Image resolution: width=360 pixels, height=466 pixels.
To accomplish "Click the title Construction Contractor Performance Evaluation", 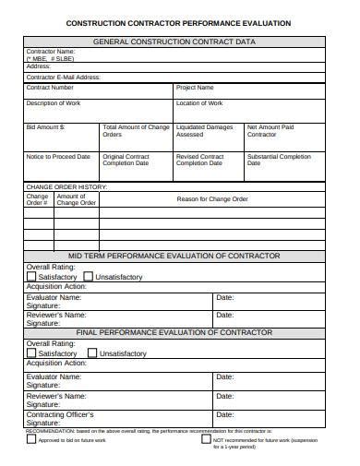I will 179,22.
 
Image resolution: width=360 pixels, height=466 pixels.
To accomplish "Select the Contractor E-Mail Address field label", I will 62,77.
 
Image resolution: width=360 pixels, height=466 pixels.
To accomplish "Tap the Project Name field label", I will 195,88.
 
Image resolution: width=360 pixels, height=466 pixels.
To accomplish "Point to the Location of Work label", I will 199,103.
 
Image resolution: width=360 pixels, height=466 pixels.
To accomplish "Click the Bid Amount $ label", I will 45,125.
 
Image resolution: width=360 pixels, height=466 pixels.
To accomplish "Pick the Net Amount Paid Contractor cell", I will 270,130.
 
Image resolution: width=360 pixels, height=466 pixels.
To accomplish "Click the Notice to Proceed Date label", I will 58,157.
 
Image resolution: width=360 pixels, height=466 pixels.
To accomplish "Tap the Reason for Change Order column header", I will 212,198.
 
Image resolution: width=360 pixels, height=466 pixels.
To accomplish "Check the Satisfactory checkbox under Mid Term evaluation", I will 31,276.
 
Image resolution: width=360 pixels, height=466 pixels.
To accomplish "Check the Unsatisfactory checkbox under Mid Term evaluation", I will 88,276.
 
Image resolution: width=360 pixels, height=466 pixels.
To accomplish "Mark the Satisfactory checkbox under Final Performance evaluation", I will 31,352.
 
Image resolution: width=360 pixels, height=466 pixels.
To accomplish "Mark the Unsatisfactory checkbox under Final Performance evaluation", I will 92,352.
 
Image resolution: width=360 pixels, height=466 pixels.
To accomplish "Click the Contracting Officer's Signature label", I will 60,420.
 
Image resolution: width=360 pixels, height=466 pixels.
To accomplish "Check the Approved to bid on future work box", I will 30,440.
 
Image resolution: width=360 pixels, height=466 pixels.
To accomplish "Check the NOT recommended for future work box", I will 206,440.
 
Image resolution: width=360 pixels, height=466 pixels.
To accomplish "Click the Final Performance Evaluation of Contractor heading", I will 174,331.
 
